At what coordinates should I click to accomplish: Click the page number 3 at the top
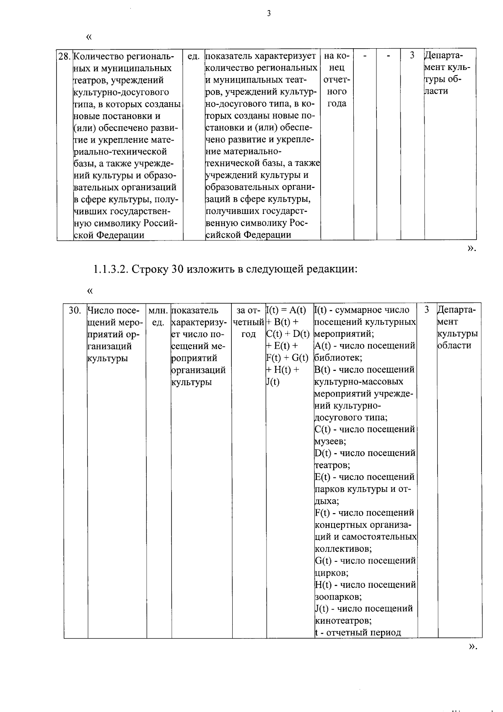coord(269,13)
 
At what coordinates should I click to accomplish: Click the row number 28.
coord(64,56)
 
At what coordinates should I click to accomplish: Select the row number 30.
coord(75,310)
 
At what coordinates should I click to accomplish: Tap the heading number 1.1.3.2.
coord(111,269)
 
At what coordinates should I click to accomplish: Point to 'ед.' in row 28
coord(193,56)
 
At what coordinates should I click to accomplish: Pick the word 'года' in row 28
coord(337,104)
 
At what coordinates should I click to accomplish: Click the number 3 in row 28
coord(412,55)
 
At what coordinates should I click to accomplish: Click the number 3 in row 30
coord(427,310)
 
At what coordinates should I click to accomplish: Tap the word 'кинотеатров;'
coord(343,621)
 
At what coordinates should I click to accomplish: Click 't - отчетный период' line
coord(358,633)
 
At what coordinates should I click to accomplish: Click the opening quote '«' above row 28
coord(88,37)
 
